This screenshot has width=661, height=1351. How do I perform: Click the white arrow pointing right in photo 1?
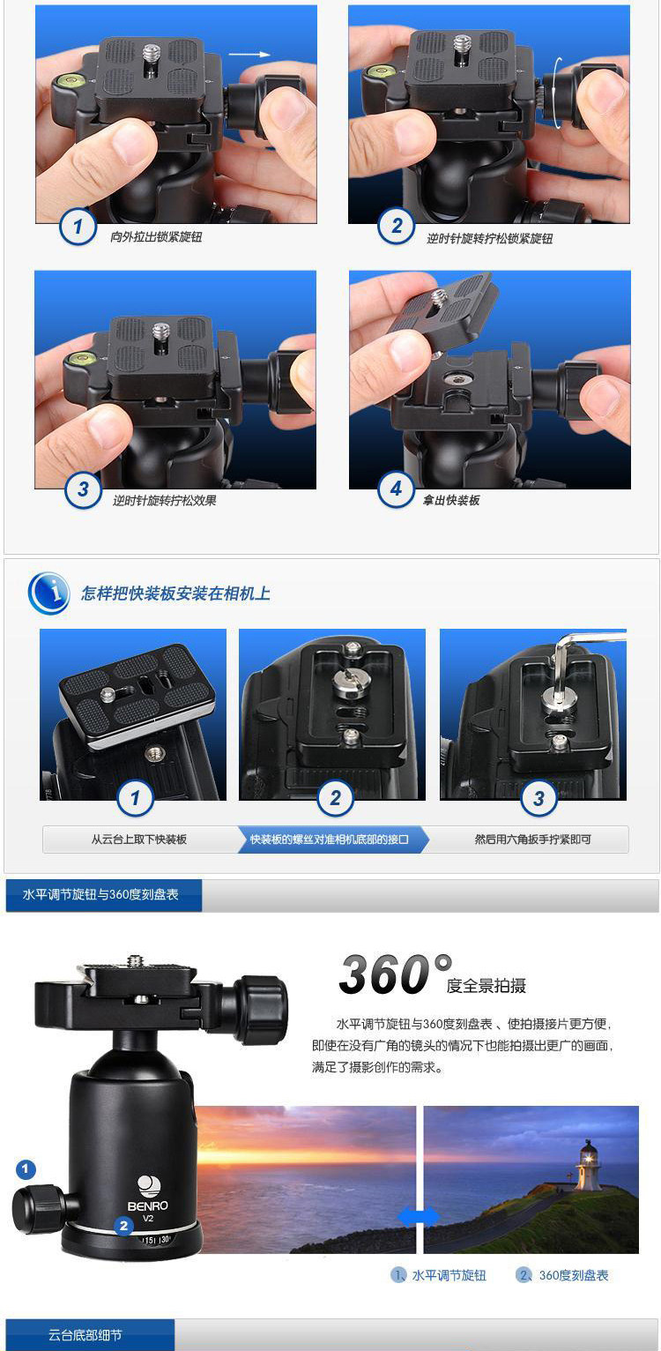[249, 55]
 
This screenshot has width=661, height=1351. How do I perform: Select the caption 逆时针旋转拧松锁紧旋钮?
[489, 238]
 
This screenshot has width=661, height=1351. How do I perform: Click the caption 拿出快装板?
[450, 500]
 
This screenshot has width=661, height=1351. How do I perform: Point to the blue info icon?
[48, 593]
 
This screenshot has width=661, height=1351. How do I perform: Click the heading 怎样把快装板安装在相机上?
[175, 593]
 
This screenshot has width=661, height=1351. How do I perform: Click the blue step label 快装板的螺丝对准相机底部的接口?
[330, 839]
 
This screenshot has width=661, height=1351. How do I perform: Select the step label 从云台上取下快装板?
[139, 839]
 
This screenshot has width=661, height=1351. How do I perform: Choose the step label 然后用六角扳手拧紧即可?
[532, 839]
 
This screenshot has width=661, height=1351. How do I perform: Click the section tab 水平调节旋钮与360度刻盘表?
[100, 894]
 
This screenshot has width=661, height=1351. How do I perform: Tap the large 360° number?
[395, 974]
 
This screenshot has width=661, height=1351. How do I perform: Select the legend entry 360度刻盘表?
[562, 1275]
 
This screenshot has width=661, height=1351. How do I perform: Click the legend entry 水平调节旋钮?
[438, 1275]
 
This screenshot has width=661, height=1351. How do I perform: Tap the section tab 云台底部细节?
[85, 1335]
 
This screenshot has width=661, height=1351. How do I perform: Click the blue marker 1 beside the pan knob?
[25, 1169]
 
